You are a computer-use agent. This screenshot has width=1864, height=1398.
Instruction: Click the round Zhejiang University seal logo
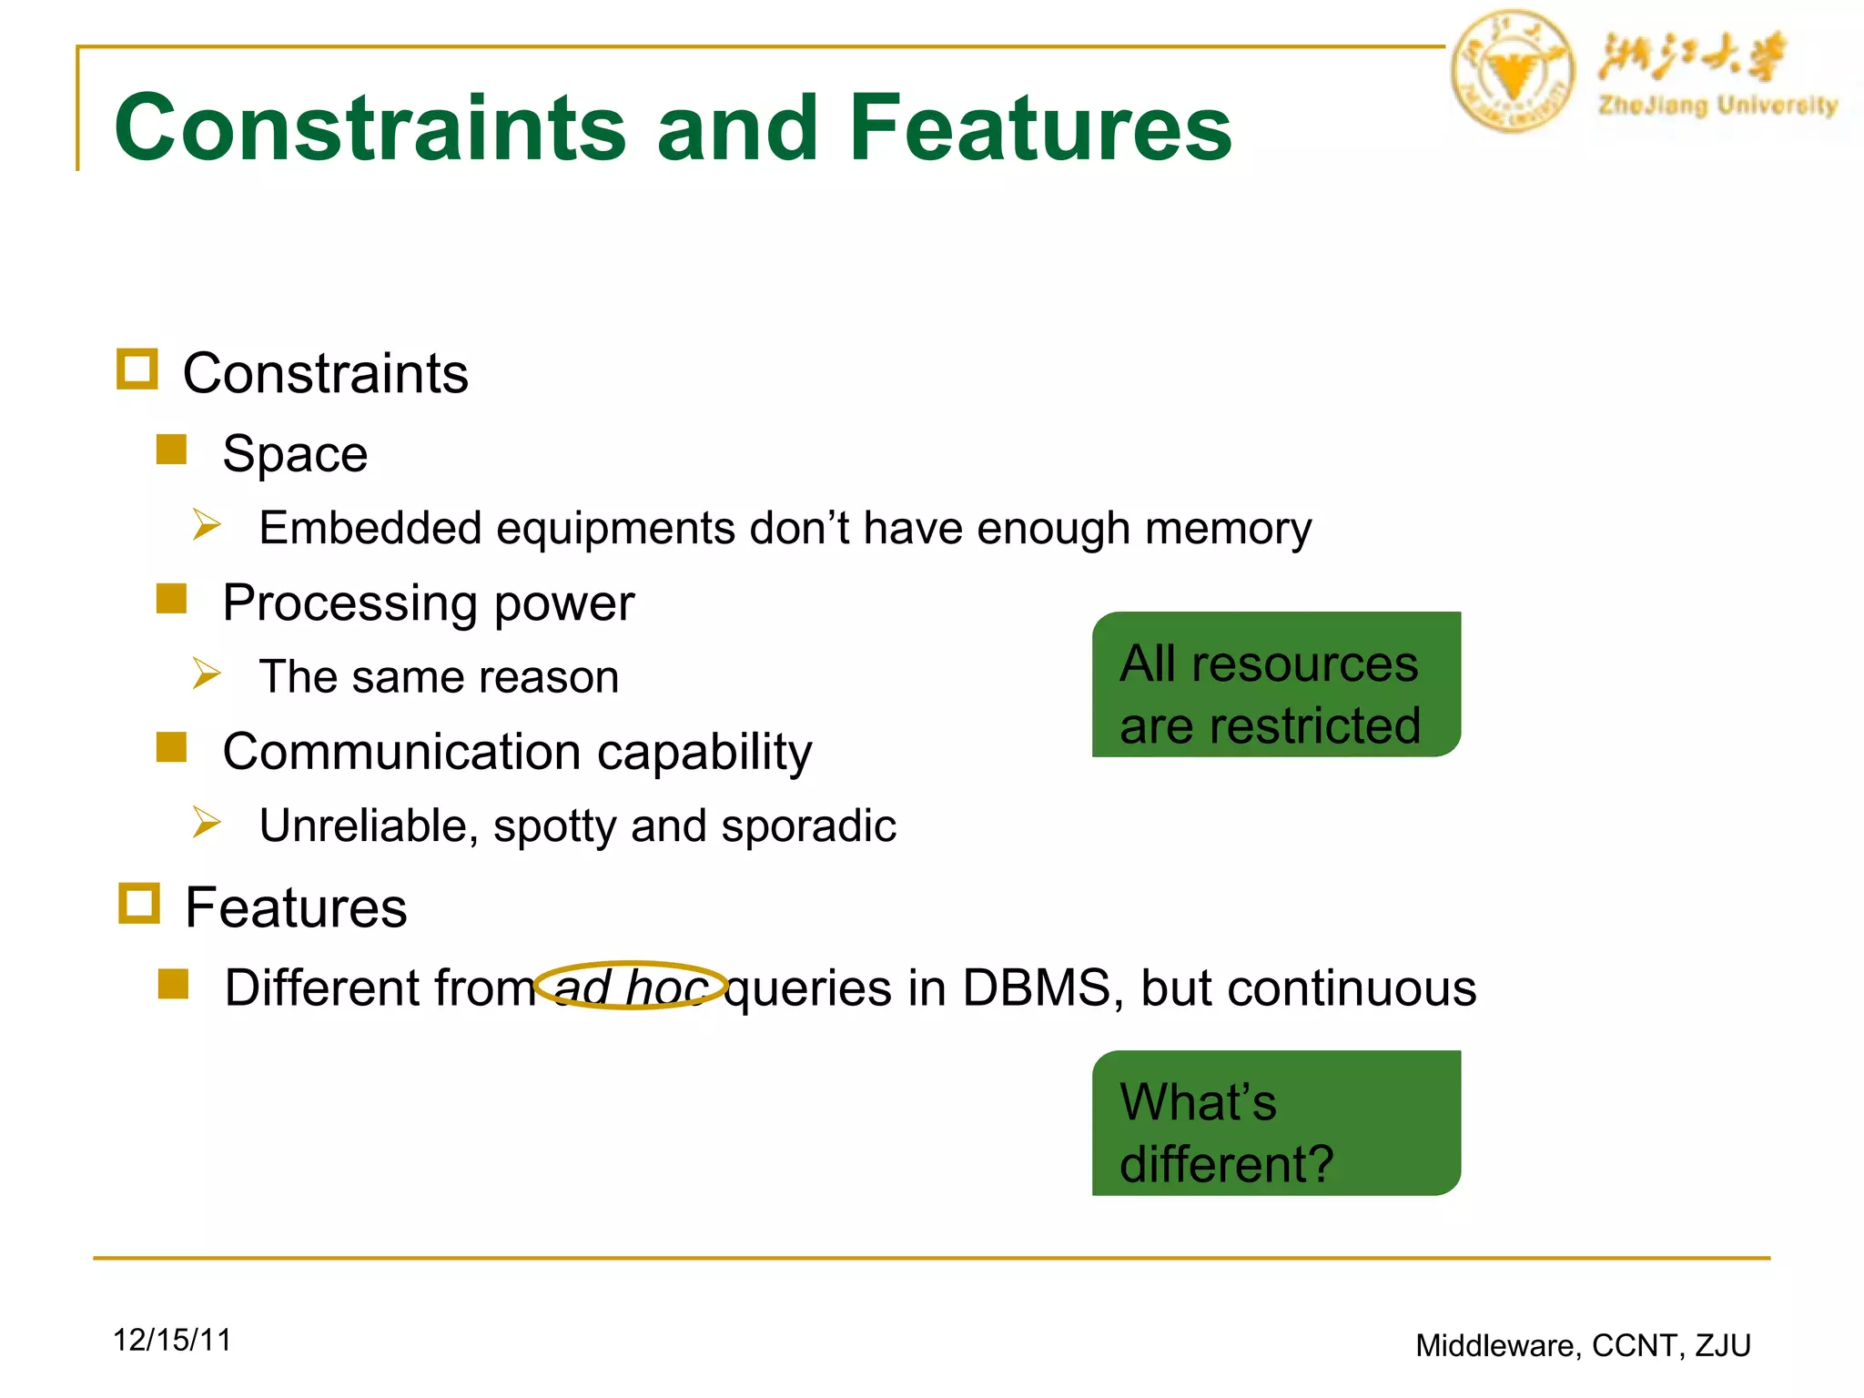[x=1512, y=71]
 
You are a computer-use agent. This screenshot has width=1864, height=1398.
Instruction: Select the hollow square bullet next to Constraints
[x=137, y=370]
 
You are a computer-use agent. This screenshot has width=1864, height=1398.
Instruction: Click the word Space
[x=295, y=453]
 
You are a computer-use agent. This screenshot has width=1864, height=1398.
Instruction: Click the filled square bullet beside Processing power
[x=171, y=599]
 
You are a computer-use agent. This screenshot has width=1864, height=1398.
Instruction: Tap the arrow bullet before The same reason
[x=207, y=674]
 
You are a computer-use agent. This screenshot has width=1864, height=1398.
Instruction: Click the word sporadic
[x=808, y=826]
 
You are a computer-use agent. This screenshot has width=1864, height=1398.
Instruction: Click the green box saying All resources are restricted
[x=1276, y=684]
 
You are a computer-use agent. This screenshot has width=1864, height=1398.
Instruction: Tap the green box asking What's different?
[x=1276, y=1123]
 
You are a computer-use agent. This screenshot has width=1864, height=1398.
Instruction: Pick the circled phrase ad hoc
[x=630, y=987]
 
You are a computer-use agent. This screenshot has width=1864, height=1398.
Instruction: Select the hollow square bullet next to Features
[x=139, y=904]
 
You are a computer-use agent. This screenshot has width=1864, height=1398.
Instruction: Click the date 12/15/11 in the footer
[x=172, y=1340]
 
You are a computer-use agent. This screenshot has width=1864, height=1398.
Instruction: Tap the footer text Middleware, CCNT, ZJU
[x=1583, y=1345]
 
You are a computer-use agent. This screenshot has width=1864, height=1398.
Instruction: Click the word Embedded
[x=370, y=528]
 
